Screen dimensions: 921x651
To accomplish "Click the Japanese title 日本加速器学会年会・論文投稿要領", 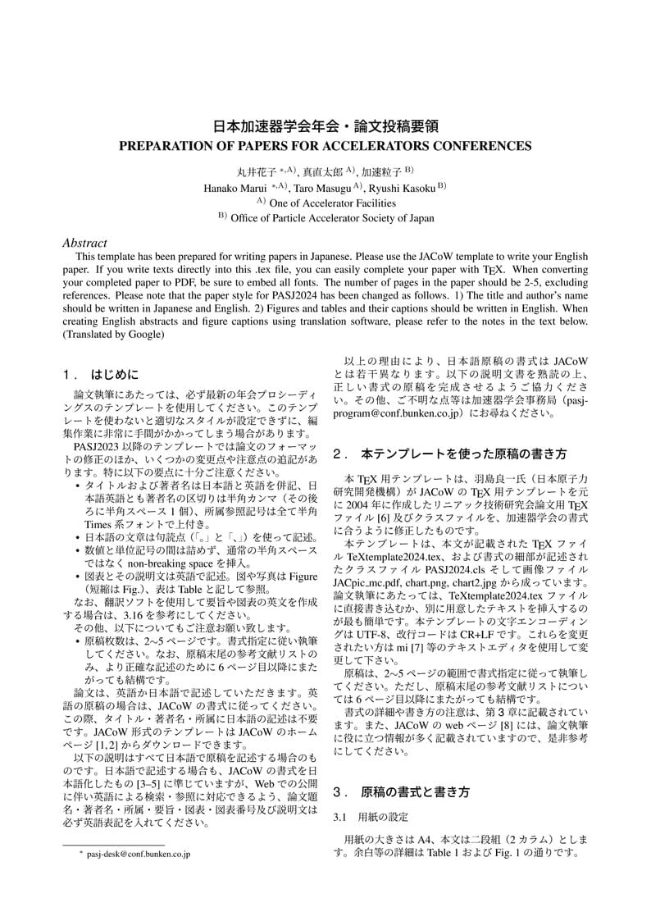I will [325, 127].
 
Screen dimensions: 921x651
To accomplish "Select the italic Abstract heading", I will [84, 243].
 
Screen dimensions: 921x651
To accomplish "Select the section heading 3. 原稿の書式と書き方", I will [402, 792].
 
